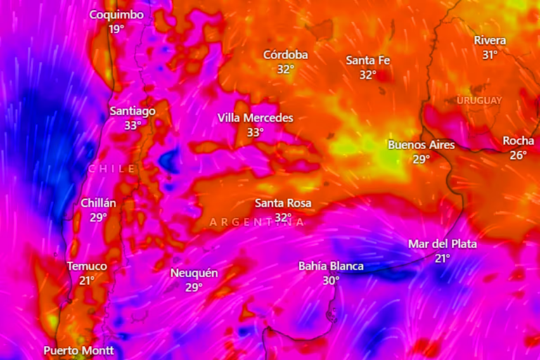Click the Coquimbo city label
pos(117,15)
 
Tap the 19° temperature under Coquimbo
pos(116,29)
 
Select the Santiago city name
pos(133,111)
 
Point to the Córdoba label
pos(285,55)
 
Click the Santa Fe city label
pos(368,60)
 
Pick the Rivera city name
pos(490,40)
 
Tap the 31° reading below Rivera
pos(490,54)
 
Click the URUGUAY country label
pos(480,101)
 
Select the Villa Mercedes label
pos(255,117)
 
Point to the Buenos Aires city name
pos(421,145)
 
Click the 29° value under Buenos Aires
pos(420,160)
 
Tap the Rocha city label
pos(518,141)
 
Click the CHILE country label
pos(112,169)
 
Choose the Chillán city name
pos(98,202)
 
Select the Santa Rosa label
pos(283,202)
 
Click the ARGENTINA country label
pos(257,222)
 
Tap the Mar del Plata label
pos(442,244)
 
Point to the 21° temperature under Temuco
pos(86,280)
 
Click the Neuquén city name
pos(194,273)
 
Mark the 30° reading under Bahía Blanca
pos(331,280)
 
